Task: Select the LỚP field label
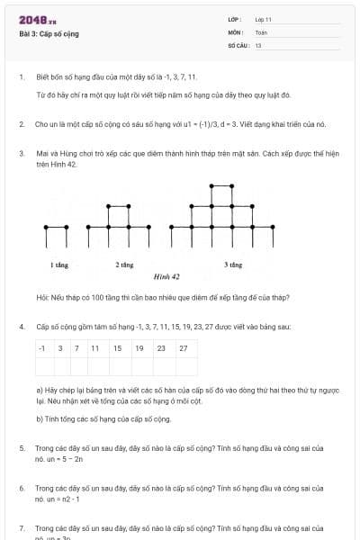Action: (236, 19)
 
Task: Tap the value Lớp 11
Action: (263, 19)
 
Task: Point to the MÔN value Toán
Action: (261, 32)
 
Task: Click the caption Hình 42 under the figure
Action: (166, 276)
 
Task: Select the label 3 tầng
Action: (233, 265)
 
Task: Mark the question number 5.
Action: (22, 448)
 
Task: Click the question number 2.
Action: (22, 124)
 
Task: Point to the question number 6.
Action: (22, 488)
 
